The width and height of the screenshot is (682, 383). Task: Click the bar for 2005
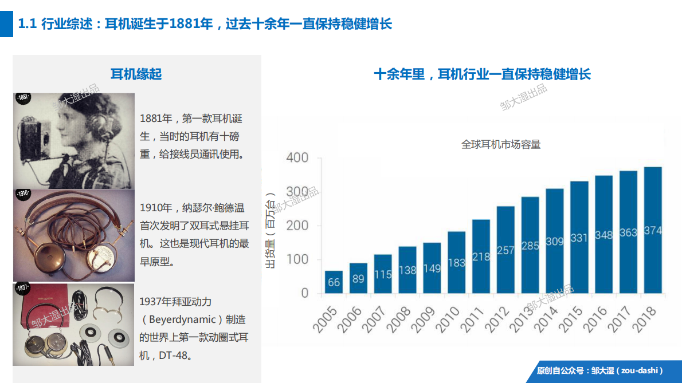tap(334, 282)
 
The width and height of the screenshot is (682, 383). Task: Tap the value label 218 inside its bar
tap(481, 257)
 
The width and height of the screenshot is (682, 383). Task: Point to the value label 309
tap(555, 242)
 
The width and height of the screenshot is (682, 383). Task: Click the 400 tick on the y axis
tap(297, 157)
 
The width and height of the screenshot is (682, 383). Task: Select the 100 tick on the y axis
tap(297, 259)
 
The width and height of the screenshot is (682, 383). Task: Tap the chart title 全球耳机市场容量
tap(501, 144)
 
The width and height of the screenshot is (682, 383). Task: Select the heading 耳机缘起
tap(136, 74)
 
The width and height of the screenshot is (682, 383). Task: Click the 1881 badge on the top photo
tap(22, 98)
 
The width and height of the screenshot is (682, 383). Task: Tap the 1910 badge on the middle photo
tap(22, 194)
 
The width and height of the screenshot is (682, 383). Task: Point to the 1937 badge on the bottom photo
tap(22, 287)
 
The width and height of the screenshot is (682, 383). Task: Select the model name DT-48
tap(175, 356)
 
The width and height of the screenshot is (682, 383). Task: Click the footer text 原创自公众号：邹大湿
tap(599, 370)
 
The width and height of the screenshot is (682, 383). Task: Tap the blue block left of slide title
tap(6, 24)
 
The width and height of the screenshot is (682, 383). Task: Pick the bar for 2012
tap(505, 250)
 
